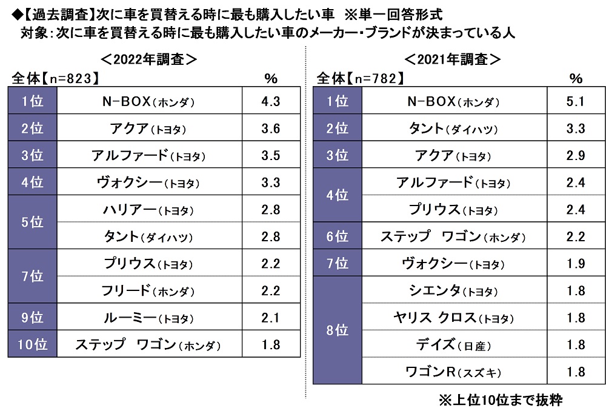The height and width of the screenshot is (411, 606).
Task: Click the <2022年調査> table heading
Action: click(148, 60)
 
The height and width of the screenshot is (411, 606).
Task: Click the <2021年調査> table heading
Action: click(453, 60)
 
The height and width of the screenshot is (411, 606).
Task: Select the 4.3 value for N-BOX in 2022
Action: click(271, 101)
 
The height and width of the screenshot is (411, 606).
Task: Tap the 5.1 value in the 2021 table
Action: click(575, 101)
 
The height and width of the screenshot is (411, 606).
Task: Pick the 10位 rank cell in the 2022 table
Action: click(32, 345)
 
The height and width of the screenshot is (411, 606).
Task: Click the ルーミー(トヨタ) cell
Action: click(148, 318)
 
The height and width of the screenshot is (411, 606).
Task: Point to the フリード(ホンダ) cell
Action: click(148, 290)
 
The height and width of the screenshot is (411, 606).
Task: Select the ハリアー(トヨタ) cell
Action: click(148, 210)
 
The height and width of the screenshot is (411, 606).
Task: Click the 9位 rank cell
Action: click(32, 318)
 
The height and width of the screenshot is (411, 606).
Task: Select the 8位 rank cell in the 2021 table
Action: click(338, 331)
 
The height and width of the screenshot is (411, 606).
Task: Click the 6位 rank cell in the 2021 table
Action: click(338, 236)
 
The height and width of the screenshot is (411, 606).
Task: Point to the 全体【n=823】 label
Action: click(55, 79)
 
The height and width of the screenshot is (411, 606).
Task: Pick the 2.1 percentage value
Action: click(271, 318)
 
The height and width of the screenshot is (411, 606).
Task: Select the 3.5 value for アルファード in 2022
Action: click(271, 156)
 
